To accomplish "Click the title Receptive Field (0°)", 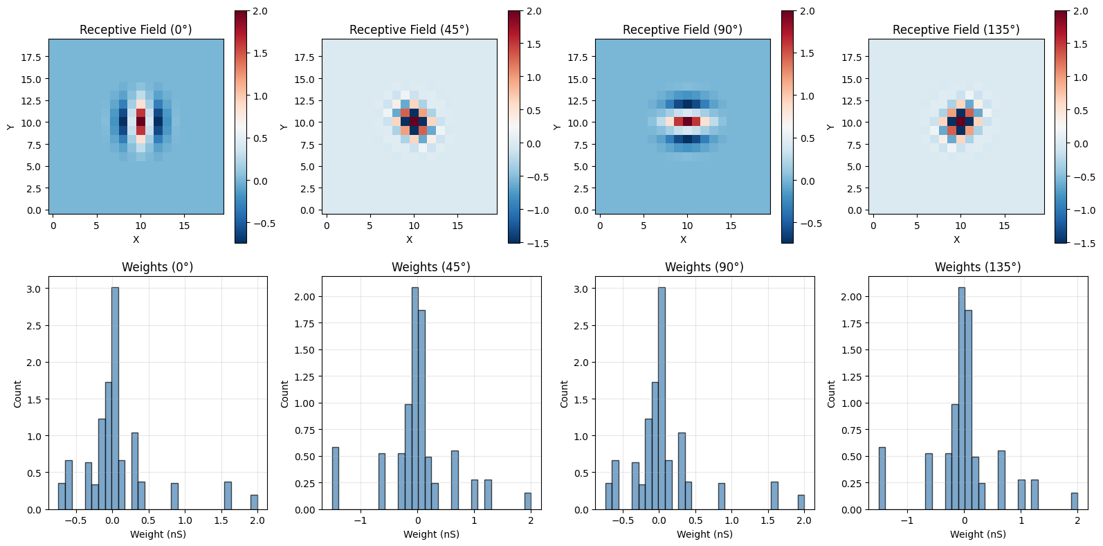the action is pyautogui.click(x=136, y=30).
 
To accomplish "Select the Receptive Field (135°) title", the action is pyautogui.click(x=956, y=30).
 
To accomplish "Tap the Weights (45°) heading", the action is pyautogui.click(x=431, y=267).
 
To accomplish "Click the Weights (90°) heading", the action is pyautogui.click(x=704, y=267).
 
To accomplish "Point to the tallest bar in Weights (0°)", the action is pyautogui.click(x=116, y=399).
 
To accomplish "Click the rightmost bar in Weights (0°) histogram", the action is pyautogui.click(x=254, y=502).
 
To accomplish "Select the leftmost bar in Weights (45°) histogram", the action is pyautogui.click(x=336, y=479).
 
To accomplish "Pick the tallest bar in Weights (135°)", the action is pyautogui.click(x=962, y=399).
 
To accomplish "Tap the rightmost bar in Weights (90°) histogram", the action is pyautogui.click(x=801, y=502).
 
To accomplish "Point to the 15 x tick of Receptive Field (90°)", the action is pyautogui.click(x=731, y=226).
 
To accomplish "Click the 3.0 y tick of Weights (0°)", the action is pyautogui.click(x=35, y=289).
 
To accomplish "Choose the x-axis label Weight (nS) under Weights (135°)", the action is pyautogui.click(x=978, y=534).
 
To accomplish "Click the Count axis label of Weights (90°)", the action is pyautogui.click(x=564, y=394).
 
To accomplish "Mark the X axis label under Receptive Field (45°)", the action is pyautogui.click(x=409, y=239).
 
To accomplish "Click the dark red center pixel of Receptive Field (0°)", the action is pyautogui.click(x=141, y=121).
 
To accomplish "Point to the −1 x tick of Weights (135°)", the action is pyautogui.click(x=907, y=521).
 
